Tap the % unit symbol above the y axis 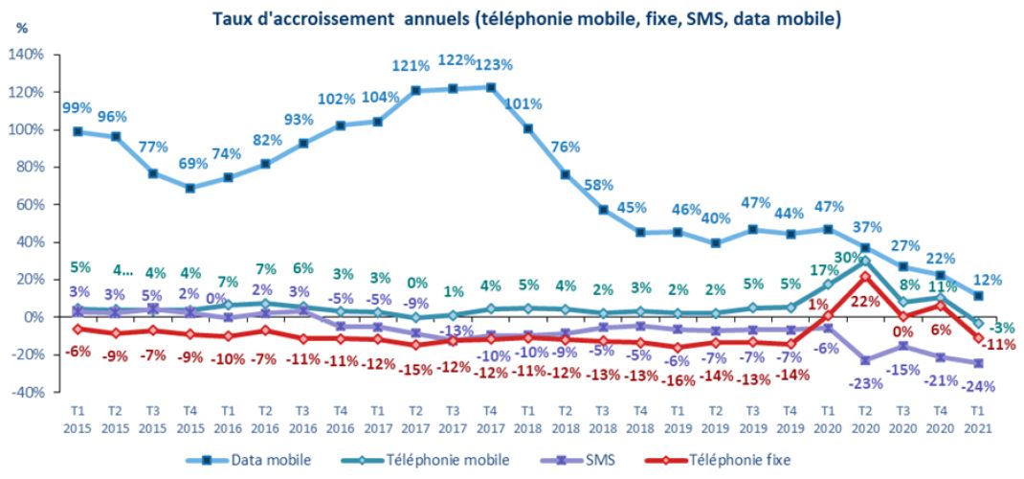click(22, 29)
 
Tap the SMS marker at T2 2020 click(866, 360)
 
